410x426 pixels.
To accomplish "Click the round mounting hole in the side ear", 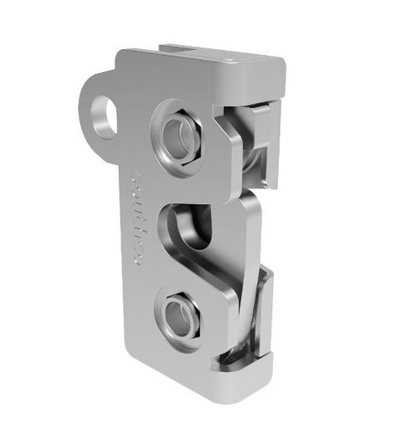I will point(102,108).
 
